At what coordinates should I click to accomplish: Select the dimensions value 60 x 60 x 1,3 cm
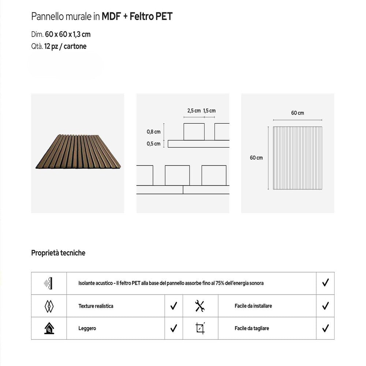[68, 35]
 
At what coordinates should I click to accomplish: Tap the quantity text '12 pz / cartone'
[66, 46]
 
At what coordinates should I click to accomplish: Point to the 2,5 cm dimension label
[194, 111]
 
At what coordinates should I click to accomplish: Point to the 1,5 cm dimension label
[209, 111]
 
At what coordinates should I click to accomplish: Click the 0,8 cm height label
[153, 132]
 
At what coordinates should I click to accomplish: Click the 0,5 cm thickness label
[153, 144]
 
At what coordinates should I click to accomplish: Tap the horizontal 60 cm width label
[298, 113]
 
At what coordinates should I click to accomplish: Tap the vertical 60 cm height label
[256, 158]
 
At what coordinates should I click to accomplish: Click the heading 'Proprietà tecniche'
[58, 253]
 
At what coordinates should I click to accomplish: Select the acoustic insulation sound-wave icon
[49, 283]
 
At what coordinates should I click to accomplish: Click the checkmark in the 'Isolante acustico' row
[325, 283]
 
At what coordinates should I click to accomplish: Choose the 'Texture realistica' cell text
[96, 306]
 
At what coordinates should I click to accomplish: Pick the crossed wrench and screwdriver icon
[200, 306]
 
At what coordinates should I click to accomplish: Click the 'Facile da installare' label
[253, 306]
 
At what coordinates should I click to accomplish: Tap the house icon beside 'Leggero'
[49, 328]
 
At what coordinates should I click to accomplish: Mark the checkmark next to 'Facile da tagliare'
[325, 328]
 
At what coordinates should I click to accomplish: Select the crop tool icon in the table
[200, 328]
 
